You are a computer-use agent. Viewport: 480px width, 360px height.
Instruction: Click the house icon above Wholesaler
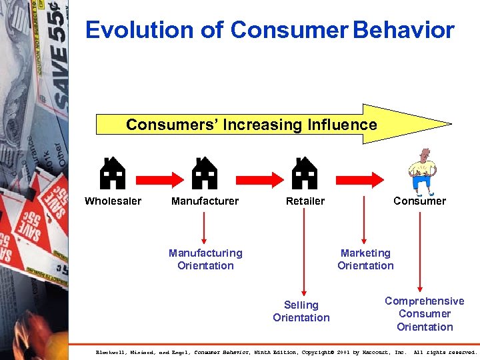tap(113, 173)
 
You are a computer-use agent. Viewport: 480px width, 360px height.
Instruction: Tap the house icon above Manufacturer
tap(205, 173)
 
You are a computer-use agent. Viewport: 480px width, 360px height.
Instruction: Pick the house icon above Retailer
tap(305, 173)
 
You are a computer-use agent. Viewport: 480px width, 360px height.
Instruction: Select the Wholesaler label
tap(113, 201)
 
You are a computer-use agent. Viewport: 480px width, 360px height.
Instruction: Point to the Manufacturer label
tap(205, 201)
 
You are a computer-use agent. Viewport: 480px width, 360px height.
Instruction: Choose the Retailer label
tap(305, 201)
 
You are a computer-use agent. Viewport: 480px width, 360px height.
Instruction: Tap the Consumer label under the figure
tap(419, 201)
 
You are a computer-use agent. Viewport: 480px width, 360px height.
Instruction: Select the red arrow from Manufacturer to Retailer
tap(254, 177)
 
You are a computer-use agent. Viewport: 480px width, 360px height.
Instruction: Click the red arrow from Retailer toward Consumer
tap(357, 177)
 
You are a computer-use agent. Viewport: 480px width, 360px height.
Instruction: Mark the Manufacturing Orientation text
tap(205, 259)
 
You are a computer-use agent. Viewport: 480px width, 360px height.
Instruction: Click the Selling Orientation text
tap(301, 311)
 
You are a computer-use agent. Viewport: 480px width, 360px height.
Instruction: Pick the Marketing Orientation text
tap(365, 259)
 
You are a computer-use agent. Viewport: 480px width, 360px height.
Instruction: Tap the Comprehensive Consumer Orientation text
tap(425, 313)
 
